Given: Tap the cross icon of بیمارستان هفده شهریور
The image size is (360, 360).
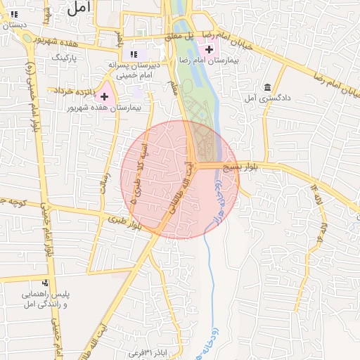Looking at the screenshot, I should (x=105, y=96).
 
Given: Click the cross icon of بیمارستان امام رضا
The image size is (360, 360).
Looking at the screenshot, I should (x=209, y=49).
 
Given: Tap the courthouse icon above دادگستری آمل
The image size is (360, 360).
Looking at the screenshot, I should (x=267, y=88).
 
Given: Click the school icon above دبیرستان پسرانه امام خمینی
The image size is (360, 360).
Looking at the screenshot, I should (x=134, y=53).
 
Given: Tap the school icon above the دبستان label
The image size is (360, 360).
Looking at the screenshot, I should (x=13, y=13).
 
